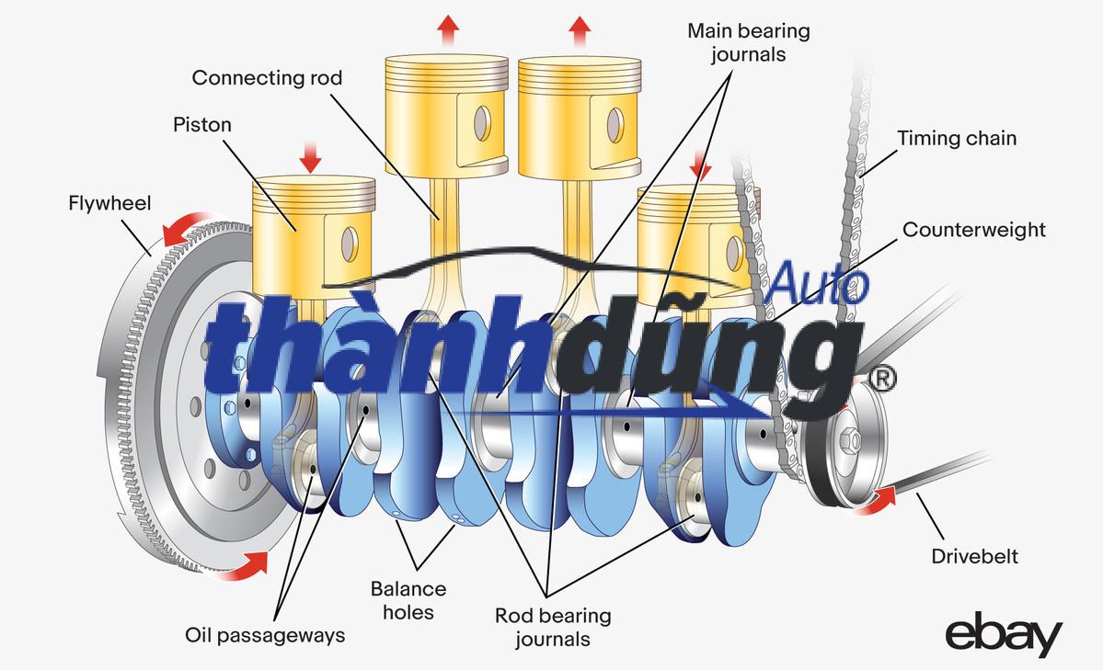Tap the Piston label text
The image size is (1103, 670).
pos(202,124)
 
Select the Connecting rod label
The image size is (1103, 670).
pos(267,78)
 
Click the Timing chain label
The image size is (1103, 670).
pos(957,139)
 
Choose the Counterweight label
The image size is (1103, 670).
pos(973,229)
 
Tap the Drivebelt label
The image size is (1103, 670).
pos(974,556)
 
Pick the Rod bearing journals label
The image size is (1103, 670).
pos(553,626)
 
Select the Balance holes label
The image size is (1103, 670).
pos(408,599)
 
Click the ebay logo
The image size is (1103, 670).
pos(1004,637)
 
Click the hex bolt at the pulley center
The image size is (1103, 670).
pos(848,440)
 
